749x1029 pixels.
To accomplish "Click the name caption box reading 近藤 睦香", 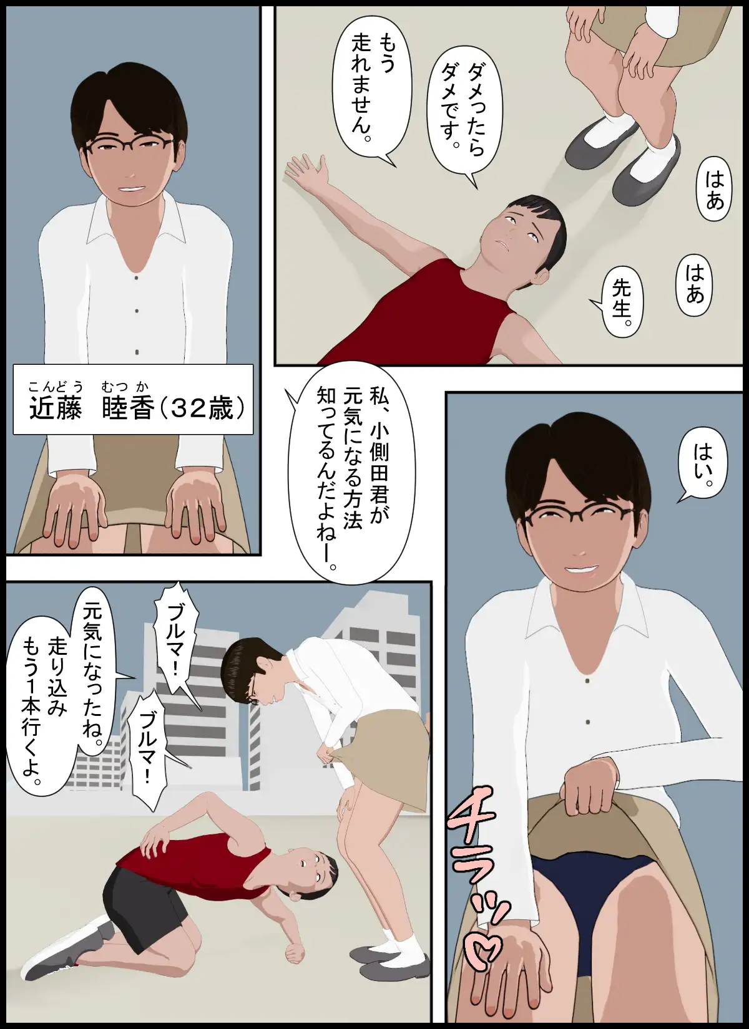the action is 133,399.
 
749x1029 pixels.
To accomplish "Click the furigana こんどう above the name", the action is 56,387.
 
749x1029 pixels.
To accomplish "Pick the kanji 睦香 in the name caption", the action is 127,408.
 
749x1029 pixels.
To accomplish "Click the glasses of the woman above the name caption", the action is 129,147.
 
